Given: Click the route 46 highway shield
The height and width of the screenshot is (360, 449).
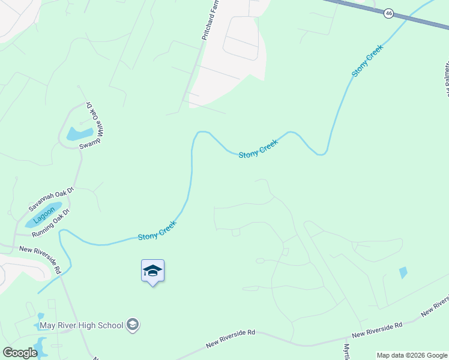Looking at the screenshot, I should pyautogui.click(x=389, y=13).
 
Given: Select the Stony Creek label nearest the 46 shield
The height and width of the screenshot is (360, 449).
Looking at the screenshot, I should pyautogui.click(x=367, y=61).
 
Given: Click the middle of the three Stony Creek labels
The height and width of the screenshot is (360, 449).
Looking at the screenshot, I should pyautogui.click(x=258, y=149).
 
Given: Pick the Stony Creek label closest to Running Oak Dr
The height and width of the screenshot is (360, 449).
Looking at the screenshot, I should pyautogui.click(x=157, y=231).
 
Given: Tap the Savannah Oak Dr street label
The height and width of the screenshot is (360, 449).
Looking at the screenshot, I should pyautogui.click(x=50, y=199).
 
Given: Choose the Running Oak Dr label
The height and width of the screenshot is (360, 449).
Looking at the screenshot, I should pyautogui.click(x=51, y=223).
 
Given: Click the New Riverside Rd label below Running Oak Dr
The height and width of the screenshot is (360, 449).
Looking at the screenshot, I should pyautogui.click(x=41, y=260).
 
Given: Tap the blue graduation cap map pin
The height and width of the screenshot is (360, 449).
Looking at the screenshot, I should pyautogui.click(x=152, y=271).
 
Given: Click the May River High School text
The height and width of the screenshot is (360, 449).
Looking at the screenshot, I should pyautogui.click(x=81, y=326).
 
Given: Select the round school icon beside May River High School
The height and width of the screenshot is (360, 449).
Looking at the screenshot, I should pyautogui.click(x=133, y=325).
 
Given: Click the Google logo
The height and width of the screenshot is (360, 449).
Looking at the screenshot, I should pyautogui.click(x=19, y=353).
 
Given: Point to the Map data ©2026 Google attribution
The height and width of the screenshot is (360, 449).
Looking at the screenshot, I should pyautogui.click(x=411, y=355).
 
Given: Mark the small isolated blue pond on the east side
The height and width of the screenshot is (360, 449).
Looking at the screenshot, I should pyautogui.click(x=402, y=272).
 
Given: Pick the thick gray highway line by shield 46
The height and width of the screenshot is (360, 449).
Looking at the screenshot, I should pyautogui.click(x=420, y=20).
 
